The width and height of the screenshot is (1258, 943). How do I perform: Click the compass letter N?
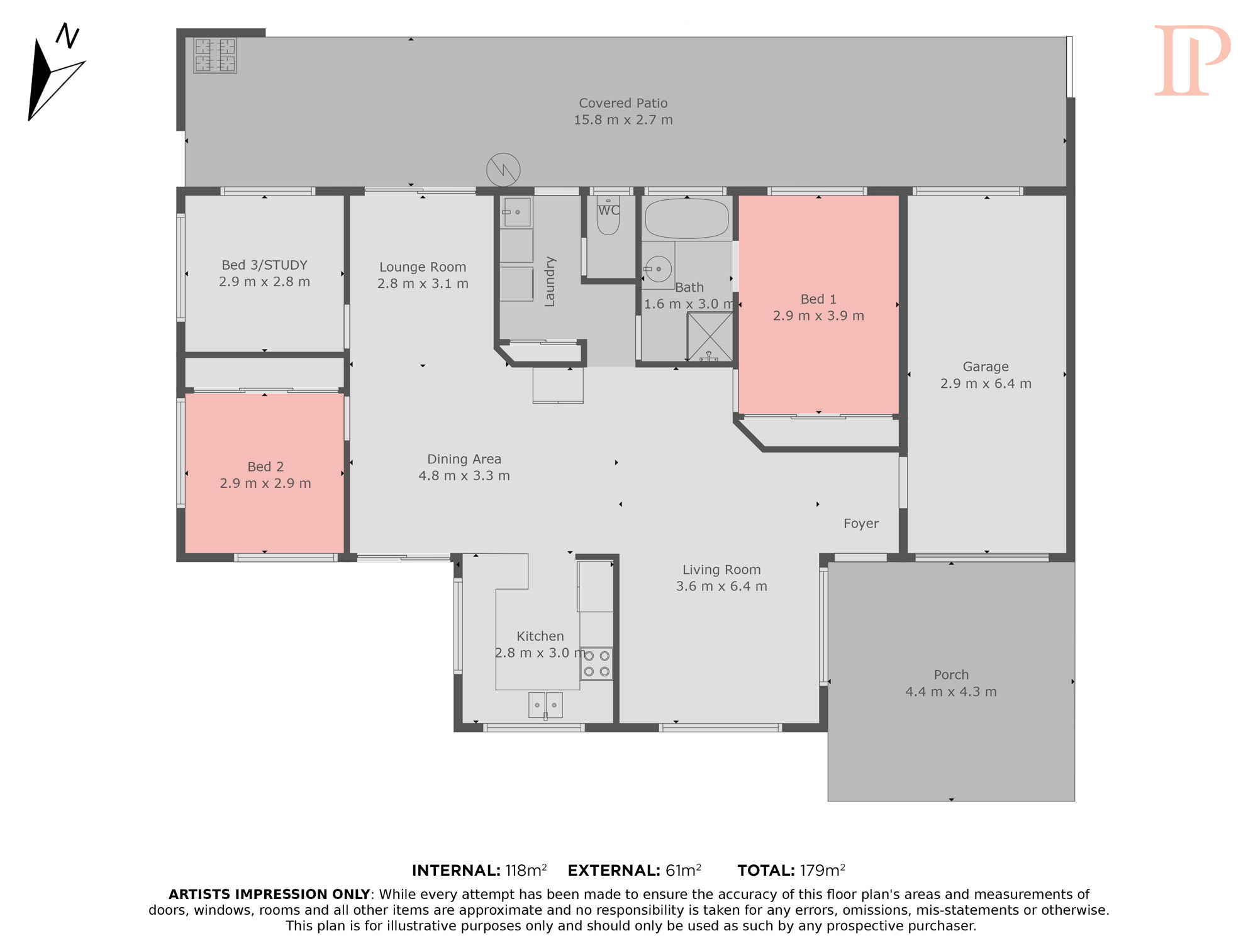[68, 36]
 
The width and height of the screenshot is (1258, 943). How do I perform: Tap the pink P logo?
[1192, 60]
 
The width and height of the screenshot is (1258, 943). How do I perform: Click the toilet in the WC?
[608, 215]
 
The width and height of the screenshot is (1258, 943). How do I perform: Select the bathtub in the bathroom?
[687, 218]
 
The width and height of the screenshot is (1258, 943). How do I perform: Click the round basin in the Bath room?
[659, 269]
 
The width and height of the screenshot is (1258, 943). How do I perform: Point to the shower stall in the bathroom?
[710, 337]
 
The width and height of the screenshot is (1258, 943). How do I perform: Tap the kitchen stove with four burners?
[596, 663]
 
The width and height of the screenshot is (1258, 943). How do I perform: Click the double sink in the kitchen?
[545, 705]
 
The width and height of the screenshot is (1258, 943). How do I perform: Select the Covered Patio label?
[623, 103]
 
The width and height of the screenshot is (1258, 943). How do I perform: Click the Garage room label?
[986, 367]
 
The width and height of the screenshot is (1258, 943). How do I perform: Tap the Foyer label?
[861, 524]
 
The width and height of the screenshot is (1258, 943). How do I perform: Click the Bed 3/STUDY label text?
[265, 265]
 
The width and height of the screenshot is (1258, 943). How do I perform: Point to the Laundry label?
[550, 281]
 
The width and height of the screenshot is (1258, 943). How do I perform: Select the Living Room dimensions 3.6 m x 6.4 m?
[721, 587]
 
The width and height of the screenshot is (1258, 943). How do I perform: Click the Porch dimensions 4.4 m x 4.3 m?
[951, 692]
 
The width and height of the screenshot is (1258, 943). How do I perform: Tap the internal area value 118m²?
[526, 871]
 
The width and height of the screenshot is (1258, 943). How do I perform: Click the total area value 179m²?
[823, 871]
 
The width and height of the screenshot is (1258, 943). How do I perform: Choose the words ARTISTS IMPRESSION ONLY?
[269, 895]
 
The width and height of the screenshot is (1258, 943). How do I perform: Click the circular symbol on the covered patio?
[503, 170]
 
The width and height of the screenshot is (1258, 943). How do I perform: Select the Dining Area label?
[464, 459]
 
